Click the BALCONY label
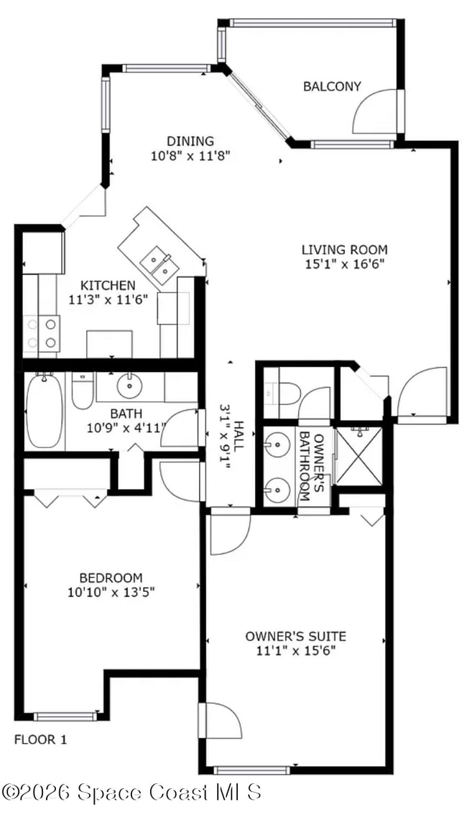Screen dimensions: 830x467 click(x=331, y=87)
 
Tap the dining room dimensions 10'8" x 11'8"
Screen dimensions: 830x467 click(x=190, y=154)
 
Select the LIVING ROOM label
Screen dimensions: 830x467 click(x=344, y=250)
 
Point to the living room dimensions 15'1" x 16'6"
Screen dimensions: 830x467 click(x=344, y=264)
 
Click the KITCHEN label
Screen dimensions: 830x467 click(x=107, y=285)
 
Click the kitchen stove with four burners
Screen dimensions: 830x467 click(x=41, y=333)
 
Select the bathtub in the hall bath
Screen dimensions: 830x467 click(x=45, y=411)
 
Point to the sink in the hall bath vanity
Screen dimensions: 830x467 click(x=129, y=386)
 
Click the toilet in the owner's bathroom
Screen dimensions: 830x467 click(x=285, y=393)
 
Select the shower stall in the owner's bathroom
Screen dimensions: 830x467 click(x=359, y=456)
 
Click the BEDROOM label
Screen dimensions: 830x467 click(x=111, y=578)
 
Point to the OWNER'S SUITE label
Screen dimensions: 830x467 click(x=295, y=636)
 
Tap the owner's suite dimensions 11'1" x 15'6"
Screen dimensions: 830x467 click(x=295, y=651)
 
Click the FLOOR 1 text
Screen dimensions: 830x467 click(x=41, y=739)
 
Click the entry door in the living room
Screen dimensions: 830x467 click(x=424, y=391)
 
